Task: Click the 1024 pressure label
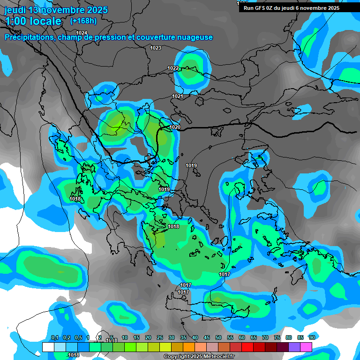[82, 32]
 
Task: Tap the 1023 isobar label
[156, 48]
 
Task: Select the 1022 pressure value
[173, 68]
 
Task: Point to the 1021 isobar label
[177, 96]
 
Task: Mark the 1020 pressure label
[175, 127]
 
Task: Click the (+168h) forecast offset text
[83, 21]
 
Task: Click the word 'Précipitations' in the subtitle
[28, 37]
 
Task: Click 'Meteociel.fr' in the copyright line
[219, 357]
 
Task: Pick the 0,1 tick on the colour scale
[54, 337]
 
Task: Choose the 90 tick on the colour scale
[312, 337]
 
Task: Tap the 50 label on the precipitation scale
[218, 337]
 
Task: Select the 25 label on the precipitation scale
[160, 337]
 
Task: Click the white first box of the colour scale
[48, 347]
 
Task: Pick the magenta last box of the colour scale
[306, 347]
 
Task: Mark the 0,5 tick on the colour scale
[78, 337]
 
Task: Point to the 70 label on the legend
[265, 337]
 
